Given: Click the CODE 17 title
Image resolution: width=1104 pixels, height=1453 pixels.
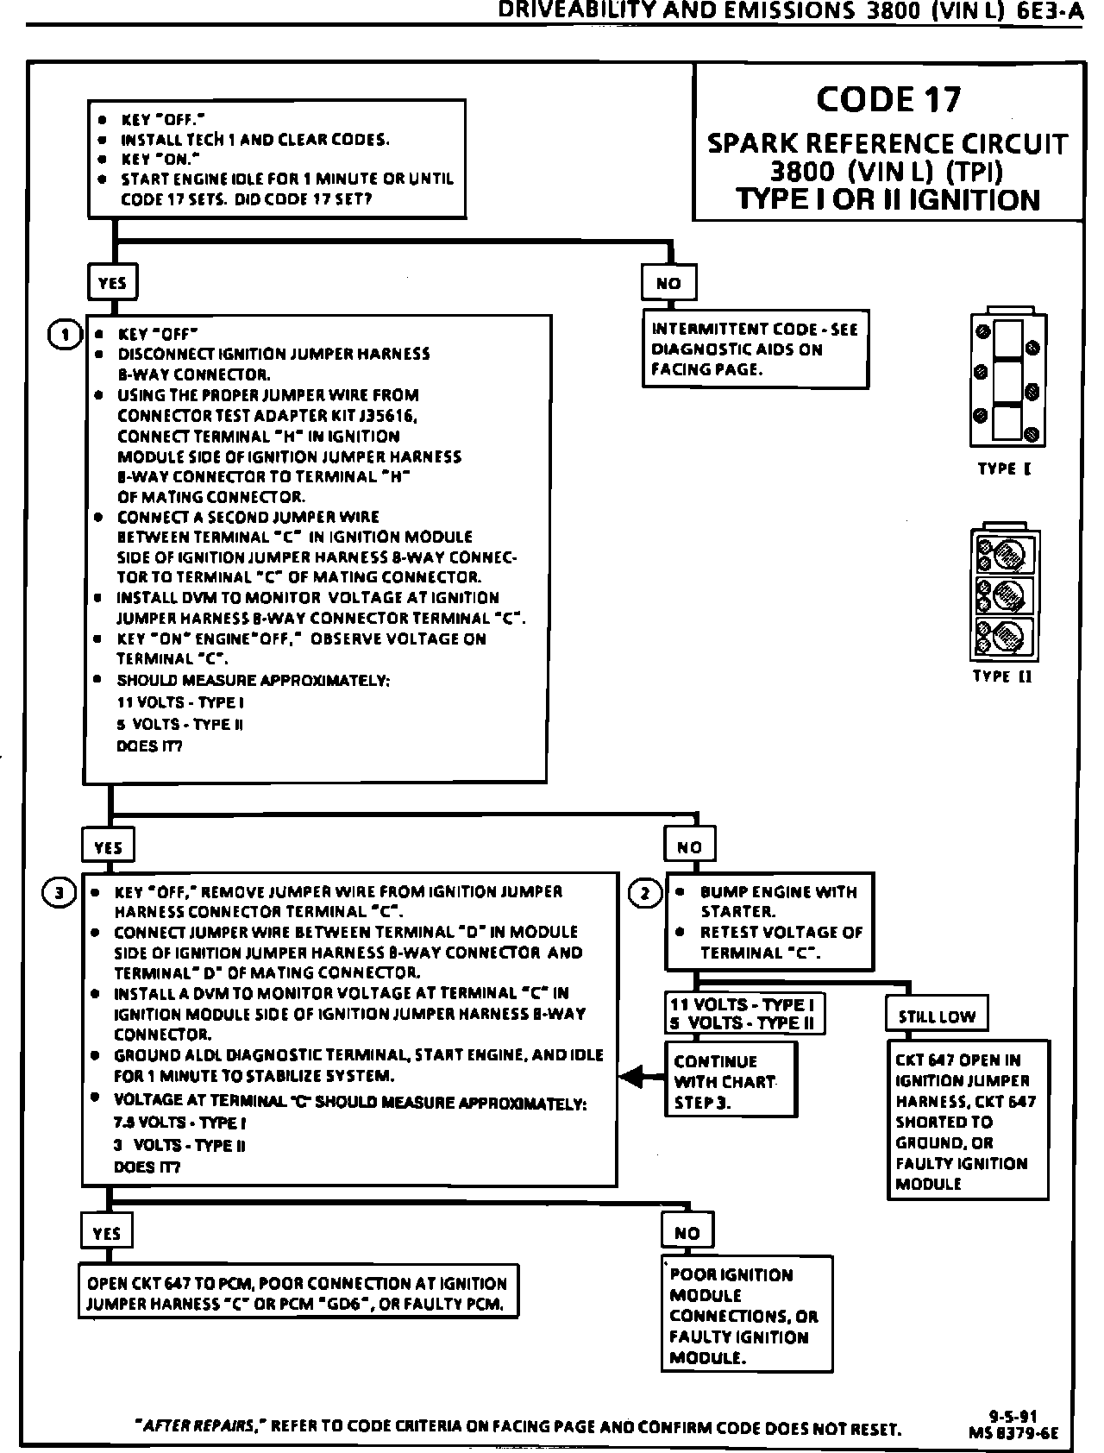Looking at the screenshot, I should [888, 100].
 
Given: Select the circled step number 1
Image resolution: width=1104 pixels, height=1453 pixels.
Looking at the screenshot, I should [66, 335].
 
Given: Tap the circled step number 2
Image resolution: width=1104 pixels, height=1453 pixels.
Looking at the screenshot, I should [646, 893].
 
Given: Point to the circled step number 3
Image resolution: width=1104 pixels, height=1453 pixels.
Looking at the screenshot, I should [58, 893].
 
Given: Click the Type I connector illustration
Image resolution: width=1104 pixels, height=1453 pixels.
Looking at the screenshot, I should [1007, 381].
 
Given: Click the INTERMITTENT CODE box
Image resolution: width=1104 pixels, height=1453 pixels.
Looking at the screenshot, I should [755, 349].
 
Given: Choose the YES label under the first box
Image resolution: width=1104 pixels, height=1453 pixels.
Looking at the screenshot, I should [112, 283].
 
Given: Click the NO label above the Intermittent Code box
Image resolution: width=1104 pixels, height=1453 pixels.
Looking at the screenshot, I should [668, 283].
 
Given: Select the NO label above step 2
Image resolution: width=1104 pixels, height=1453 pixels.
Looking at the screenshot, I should [689, 847].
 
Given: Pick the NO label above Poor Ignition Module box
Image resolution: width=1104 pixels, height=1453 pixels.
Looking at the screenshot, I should [687, 1233].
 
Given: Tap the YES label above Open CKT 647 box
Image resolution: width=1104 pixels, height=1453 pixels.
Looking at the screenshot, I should [106, 1234].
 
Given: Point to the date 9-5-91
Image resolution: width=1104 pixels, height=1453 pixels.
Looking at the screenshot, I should [1012, 1415].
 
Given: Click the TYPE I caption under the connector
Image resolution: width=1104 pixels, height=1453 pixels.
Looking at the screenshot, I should [1004, 469].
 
